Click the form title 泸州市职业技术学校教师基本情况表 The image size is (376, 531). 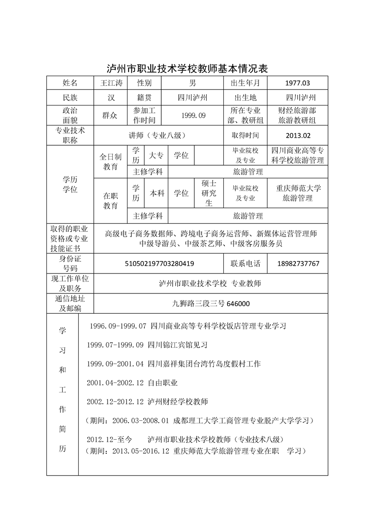click(x=188, y=68)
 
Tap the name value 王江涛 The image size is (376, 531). click(x=111, y=83)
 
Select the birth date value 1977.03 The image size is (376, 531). click(x=297, y=83)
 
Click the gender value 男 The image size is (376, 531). click(x=193, y=83)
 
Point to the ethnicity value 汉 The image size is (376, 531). click(x=111, y=97)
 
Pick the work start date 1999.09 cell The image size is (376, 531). click(x=193, y=115)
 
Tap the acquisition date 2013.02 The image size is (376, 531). click(x=297, y=135)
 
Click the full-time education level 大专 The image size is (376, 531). click(x=156, y=155)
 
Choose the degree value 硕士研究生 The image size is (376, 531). click(x=209, y=193)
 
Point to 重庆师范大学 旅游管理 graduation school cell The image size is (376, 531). click(x=297, y=193)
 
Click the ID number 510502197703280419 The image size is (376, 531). click(x=159, y=263)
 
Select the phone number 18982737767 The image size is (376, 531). click(x=297, y=263)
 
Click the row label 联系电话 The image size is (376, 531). click(x=245, y=263)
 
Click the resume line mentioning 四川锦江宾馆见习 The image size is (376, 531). click(x=147, y=345)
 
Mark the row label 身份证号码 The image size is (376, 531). click(x=70, y=263)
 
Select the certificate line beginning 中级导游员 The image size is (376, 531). click(x=211, y=244)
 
